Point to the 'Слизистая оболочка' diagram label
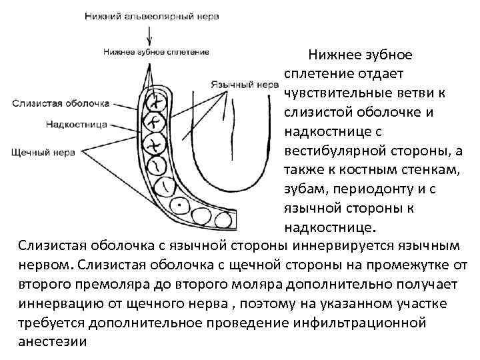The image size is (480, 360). (60, 103)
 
